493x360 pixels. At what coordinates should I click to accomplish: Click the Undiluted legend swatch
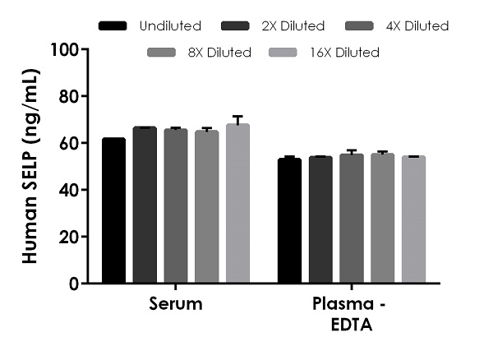(x=113, y=26)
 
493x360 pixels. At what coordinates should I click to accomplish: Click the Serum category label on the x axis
(x=176, y=302)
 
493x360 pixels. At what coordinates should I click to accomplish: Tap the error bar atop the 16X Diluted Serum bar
(x=237, y=120)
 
